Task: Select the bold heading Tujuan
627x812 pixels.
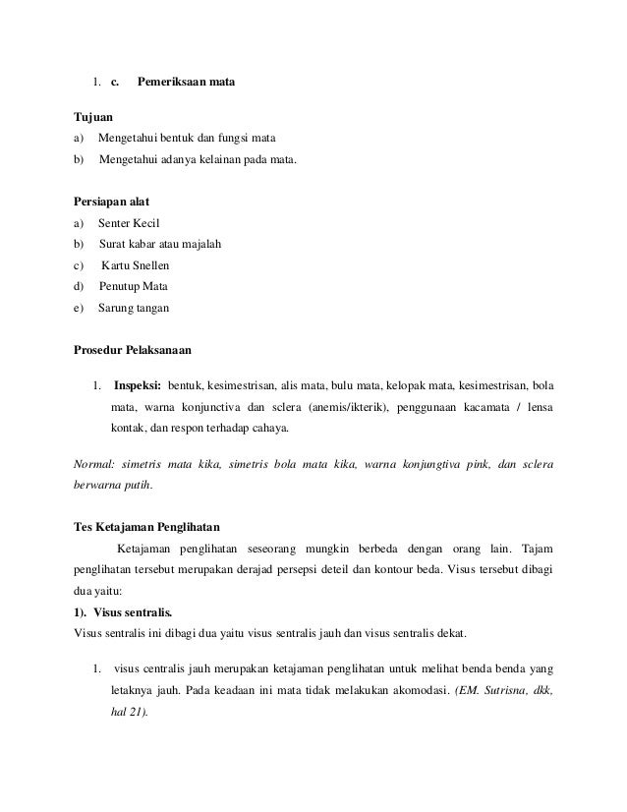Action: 94,116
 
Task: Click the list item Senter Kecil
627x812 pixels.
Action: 129,224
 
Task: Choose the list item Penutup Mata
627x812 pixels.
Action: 133,287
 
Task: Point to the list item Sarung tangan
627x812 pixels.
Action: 134,309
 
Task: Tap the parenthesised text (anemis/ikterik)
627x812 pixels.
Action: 349,407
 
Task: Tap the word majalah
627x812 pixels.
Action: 200,245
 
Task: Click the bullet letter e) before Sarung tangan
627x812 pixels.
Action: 80,309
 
